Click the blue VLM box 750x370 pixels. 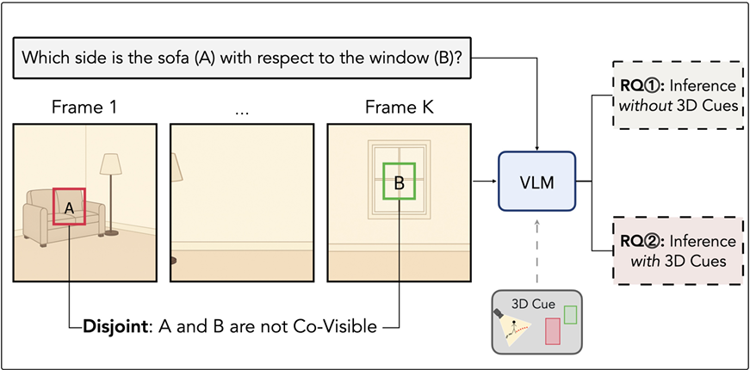[536, 182]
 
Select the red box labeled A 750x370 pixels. [70, 207]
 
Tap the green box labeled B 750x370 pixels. [399, 182]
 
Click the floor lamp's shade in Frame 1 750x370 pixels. [111, 164]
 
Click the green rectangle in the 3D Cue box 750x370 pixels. [570, 315]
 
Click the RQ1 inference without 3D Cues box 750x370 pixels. [678, 95]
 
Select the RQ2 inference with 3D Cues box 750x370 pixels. [678, 250]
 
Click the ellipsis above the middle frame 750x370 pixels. [241, 109]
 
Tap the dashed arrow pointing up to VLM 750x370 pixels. [537, 250]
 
